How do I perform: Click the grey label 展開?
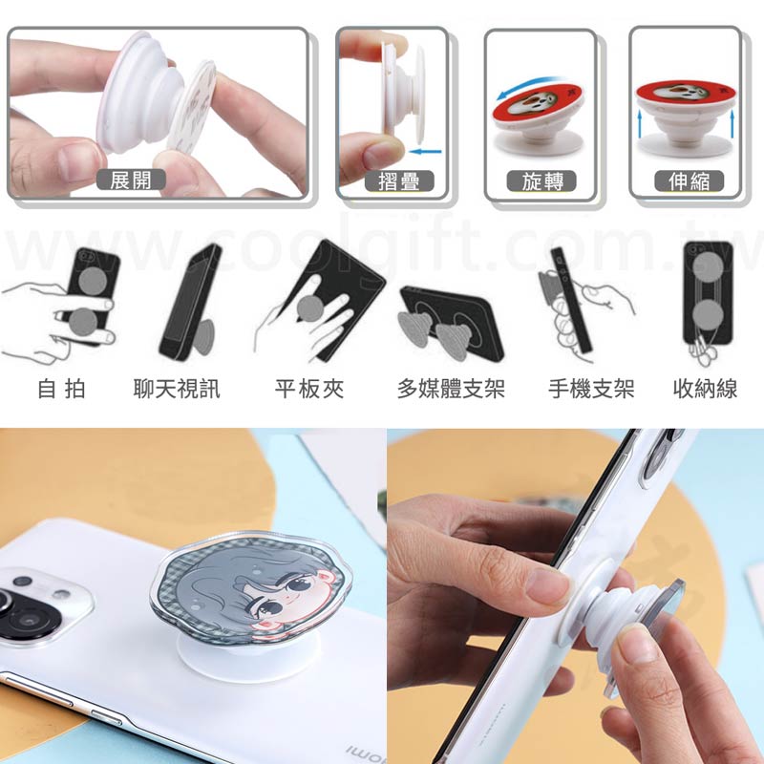(x=131, y=180)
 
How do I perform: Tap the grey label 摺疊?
(x=399, y=181)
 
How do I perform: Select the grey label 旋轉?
(x=541, y=181)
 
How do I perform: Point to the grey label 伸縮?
(x=689, y=181)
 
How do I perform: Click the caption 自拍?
(x=61, y=389)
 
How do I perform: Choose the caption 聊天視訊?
(x=177, y=389)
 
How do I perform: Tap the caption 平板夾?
(x=309, y=389)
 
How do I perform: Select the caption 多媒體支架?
(x=451, y=389)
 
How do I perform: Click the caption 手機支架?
(x=591, y=389)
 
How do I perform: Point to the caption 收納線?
(x=705, y=389)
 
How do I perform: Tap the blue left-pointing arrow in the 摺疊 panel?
(x=425, y=152)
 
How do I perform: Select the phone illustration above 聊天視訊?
(x=190, y=303)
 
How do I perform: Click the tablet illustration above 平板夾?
(x=336, y=297)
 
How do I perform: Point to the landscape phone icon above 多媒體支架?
(x=451, y=323)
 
